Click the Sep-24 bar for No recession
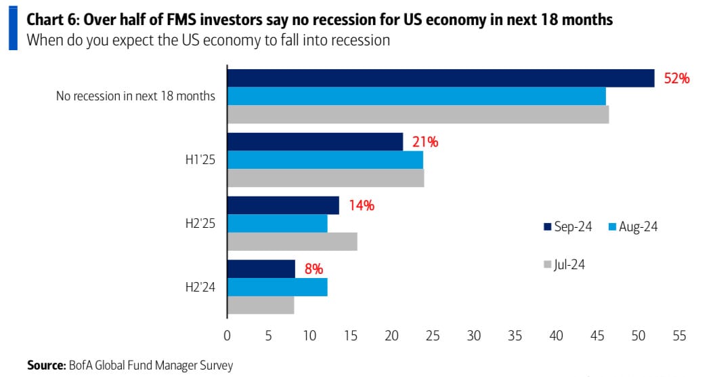(440, 78)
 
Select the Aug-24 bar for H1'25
(325, 159)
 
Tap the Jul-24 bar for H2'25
(292, 241)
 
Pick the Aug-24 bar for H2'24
(277, 287)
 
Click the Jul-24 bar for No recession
(418, 114)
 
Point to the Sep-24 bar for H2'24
(261, 269)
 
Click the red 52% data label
(676, 79)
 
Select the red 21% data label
(425, 142)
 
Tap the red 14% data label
(361, 206)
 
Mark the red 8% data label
(313, 269)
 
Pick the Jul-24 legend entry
(564, 264)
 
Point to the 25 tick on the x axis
(432, 335)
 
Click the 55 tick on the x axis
(679, 335)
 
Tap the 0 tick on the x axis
(227, 335)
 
